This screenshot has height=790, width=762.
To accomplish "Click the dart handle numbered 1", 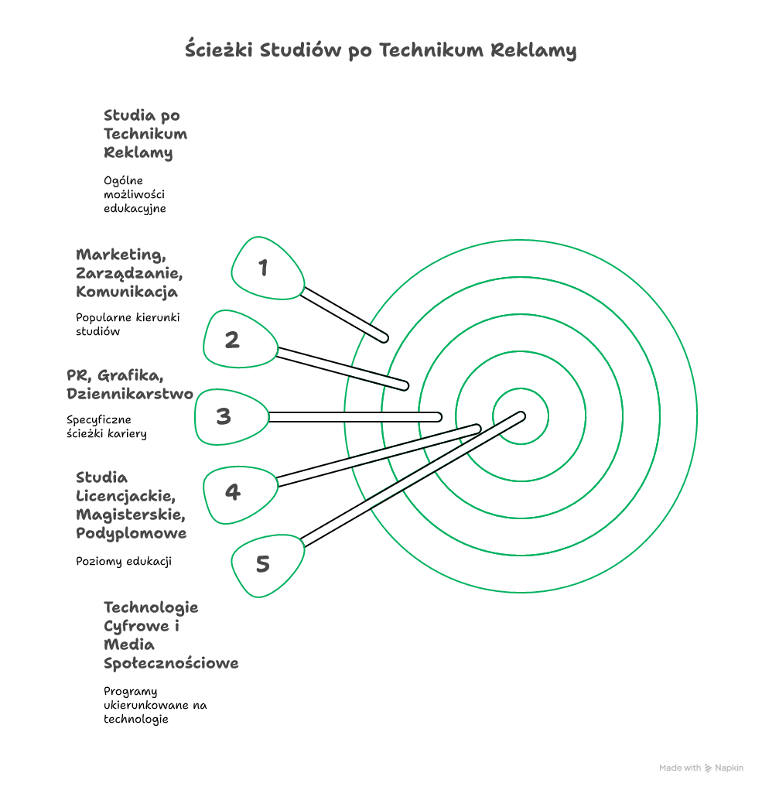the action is tap(268, 268).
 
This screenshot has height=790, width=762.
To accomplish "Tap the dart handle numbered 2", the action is tap(241, 339).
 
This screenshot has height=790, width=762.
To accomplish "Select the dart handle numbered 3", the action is tap(231, 416).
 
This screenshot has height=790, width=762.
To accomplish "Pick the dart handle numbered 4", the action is tap(241, 494).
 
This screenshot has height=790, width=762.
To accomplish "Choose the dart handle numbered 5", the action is tap(268, 566).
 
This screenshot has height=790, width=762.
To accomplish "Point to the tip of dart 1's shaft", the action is tap(384, 338).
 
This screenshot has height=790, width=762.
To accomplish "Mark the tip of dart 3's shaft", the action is tap(438, 416).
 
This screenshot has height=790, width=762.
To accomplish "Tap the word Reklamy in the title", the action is tap(533, 50).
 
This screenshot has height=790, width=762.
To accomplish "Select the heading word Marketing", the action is tap(121, 255).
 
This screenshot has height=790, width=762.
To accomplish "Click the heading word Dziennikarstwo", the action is tap(130, 394).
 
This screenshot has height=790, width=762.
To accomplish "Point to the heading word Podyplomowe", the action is tap(131, 534).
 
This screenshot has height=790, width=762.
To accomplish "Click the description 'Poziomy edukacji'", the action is tap(124, 561).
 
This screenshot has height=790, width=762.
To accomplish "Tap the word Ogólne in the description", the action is tap(124, 181).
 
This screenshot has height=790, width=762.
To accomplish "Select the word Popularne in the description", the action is tap(103, 318).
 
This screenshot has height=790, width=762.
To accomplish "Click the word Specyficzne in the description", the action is tap(99, 420).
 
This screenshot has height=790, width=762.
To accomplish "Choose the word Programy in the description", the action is tap(131, 692).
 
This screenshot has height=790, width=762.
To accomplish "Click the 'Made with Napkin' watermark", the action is tap(701, 768).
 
